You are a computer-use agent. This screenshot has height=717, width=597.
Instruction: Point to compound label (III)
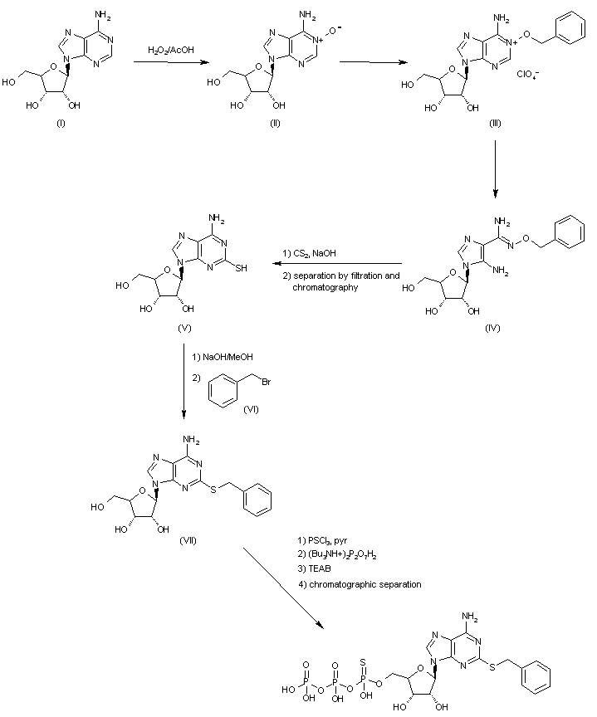coord(497,123)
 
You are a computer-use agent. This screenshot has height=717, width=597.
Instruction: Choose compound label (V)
coord(186,328)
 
